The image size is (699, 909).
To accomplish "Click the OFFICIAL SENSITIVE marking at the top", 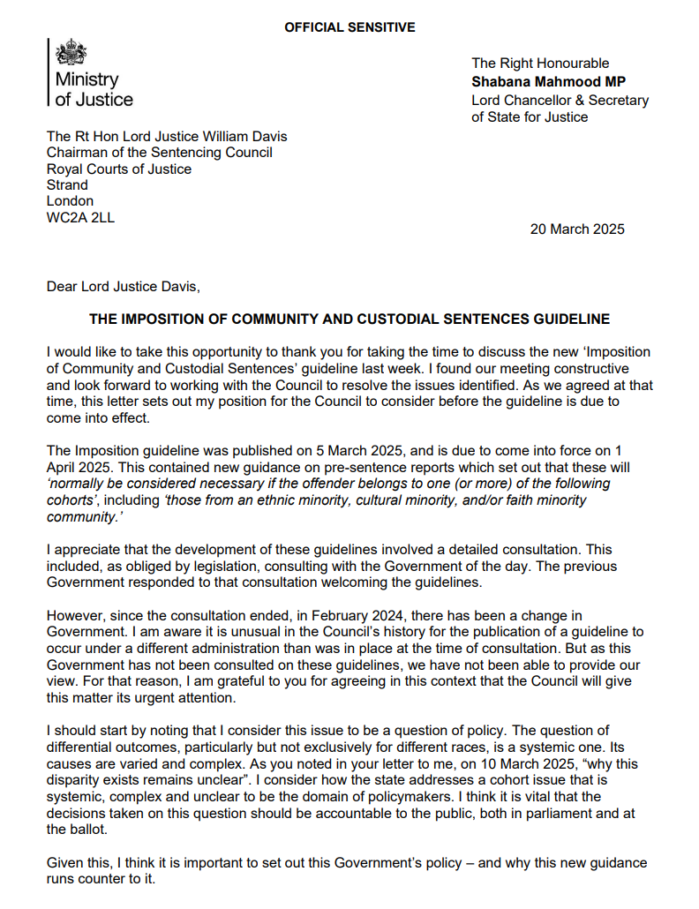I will [349, 27].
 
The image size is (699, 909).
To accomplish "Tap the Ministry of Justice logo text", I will [94, 89].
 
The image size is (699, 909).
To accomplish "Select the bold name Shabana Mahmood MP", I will [547, 81].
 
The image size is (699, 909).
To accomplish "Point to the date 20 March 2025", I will [577, 229].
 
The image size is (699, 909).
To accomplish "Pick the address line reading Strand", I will [67, 185].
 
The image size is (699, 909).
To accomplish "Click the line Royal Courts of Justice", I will [118, 169].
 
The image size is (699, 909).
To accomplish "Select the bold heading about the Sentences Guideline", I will [349, 319].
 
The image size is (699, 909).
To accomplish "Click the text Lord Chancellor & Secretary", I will [560, 100].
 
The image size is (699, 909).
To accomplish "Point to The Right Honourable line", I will [540, 63].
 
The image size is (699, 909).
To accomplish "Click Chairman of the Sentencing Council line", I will [159, 153].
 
